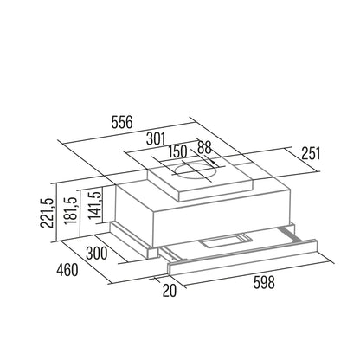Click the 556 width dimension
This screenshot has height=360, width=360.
[x=122, y=122]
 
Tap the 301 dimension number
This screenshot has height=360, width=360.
[x=156, y=138]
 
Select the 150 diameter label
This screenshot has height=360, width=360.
[x=177, y=151]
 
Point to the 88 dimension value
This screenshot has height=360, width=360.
[x=204, y=147]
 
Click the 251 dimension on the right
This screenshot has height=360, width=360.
[x=311, y=153]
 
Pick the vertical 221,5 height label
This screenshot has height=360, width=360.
[x=48, y=213]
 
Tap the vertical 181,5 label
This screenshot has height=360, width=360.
[x=71, y=210]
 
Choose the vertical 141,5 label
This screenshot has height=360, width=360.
[x=95, y=205]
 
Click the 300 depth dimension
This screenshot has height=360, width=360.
[x=97, y=254]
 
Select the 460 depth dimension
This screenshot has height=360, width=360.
[x=67, y=270]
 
